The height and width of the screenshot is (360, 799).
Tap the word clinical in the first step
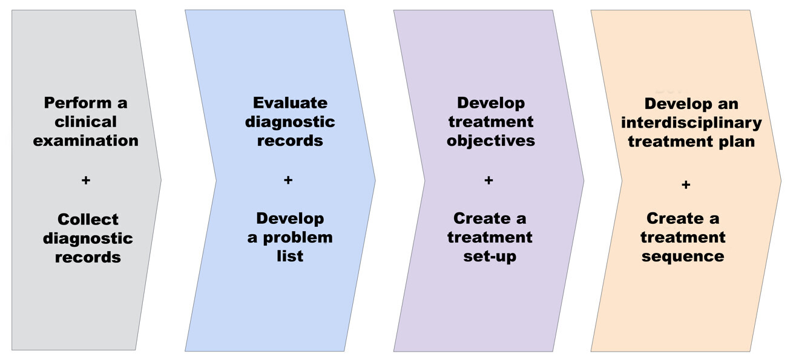pos(85,122)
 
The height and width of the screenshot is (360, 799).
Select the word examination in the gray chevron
pos(85,140)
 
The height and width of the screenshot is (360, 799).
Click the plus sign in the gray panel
pos(85,180)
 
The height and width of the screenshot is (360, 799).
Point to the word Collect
pos(88,219)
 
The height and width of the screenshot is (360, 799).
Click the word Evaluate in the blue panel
pos(290,102)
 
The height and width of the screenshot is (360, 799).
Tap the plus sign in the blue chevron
pos(288,180)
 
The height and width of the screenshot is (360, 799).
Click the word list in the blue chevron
pos(290,256)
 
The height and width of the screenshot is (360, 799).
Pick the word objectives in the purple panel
pos(491,141)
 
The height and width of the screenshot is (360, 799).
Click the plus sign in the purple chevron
pos(488,180)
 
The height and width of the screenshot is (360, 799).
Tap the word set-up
pos(490,256)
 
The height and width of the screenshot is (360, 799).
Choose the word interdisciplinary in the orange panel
pos(691,123)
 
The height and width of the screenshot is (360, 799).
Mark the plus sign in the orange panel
pos(685,185)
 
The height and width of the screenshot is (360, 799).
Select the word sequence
pos(683,256)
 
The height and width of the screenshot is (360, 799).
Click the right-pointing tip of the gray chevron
pos(160,179)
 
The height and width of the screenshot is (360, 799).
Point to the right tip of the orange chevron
pos(780,180)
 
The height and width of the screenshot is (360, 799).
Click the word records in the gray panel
pos(88,257)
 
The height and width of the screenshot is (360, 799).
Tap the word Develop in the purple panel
pos(491,103)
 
